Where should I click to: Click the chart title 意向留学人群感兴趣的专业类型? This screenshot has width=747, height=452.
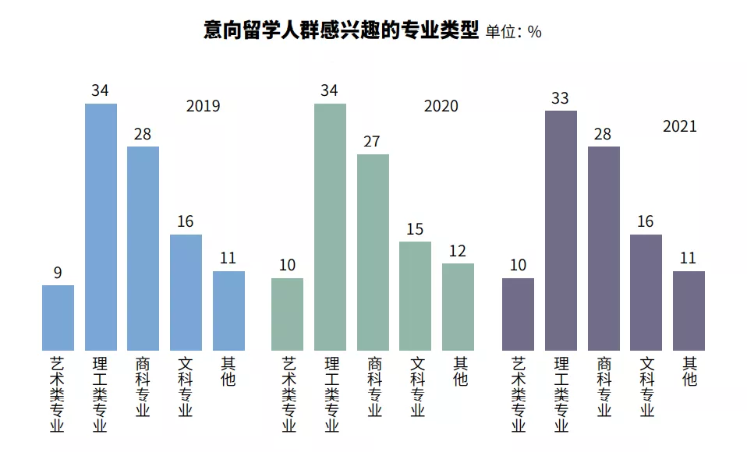click(341, 30)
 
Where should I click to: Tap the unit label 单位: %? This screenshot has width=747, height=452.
click(513, 32)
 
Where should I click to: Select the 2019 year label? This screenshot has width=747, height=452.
click(203, 106)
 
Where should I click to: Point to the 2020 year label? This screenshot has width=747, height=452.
click(441, 106)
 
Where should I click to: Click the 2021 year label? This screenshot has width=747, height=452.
click(679, 126)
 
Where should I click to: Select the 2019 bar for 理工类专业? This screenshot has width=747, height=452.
click(101, 227)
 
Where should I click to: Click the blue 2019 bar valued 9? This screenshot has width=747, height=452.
click(58, 318)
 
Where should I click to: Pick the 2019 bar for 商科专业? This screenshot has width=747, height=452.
click(143, 249)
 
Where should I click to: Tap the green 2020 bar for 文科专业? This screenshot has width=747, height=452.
click(415, 296)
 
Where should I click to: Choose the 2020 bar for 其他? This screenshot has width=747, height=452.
click(458, 307)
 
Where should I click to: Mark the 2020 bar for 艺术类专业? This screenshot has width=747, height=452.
click(287, 314)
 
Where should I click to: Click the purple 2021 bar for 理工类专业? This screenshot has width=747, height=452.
click(561, 231)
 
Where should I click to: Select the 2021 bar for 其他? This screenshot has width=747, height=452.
click(689, 311)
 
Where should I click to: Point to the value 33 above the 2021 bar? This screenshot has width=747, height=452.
click(560, 99)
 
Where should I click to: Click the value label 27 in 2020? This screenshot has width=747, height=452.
click(372, 142)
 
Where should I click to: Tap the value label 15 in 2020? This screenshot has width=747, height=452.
click(415, 229)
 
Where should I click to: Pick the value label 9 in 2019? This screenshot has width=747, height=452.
click(58, 273)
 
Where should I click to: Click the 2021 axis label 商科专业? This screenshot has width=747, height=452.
click(604, 387)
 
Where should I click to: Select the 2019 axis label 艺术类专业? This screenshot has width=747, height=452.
click(58, 394)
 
